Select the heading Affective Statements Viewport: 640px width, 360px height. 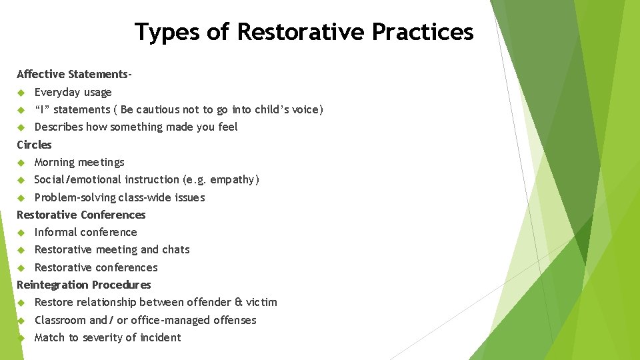(x=73, y=74)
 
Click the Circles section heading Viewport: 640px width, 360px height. (x=34, y=145)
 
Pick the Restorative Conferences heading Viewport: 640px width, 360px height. (x=81, y=215)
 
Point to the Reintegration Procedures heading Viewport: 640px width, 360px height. (x=83, y=285)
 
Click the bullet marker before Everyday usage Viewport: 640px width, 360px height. (x=21, y=92)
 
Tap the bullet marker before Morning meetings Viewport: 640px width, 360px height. (x=21, y=162)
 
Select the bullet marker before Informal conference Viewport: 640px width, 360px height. (x=21, y=232)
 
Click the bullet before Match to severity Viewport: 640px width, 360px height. (x=21, y=337)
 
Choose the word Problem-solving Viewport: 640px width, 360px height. (x=75, y=197)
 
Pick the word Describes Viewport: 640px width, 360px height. (x=58, y=127)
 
